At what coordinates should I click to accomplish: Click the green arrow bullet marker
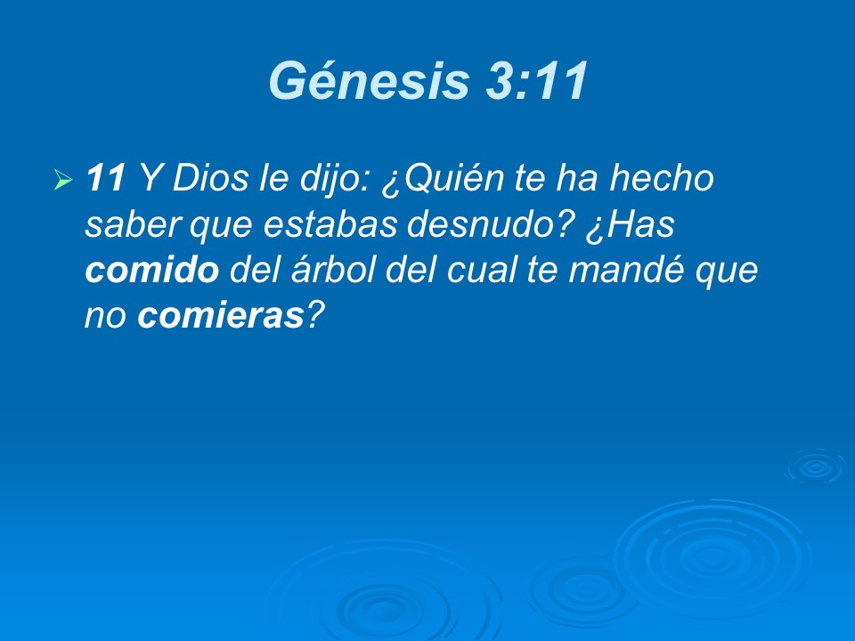62,181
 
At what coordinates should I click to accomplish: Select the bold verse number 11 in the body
105,180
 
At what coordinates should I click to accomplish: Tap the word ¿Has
630,226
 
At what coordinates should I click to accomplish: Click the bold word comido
151,272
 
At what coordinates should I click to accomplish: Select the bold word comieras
222,319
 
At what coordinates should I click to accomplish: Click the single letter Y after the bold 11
150,180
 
